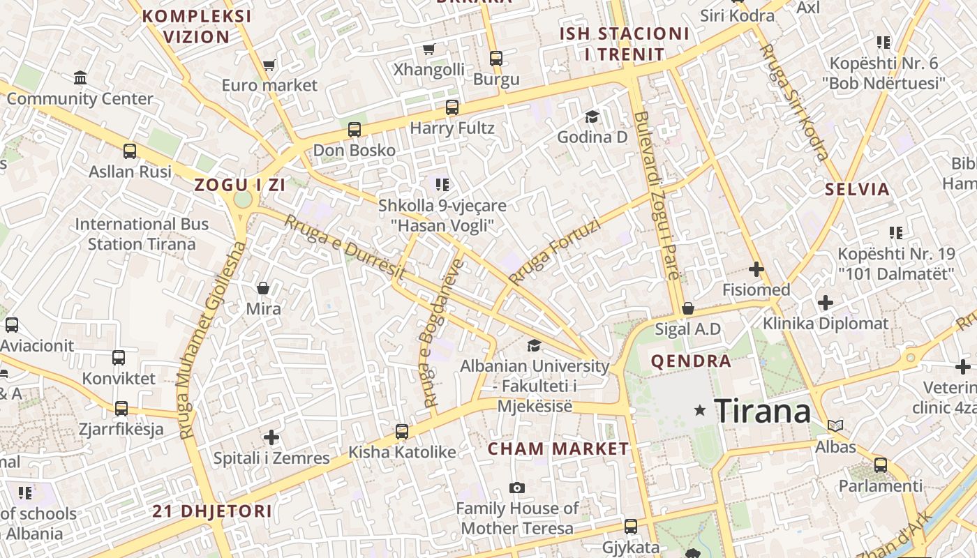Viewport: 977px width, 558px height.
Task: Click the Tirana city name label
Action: coord(763,411)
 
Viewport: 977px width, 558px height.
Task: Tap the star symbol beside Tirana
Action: coord(700,411)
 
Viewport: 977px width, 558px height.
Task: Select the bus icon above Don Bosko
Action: coord(355,130)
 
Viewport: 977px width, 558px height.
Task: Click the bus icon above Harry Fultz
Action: coord(452,107)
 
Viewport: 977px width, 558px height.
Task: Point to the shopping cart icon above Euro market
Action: coord(269,65)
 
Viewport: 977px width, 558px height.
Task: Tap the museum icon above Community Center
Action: coord(80,77)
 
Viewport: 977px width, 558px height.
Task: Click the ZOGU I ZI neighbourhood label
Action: coord(240,186)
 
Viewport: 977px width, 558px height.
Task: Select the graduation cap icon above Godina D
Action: coord(592,116)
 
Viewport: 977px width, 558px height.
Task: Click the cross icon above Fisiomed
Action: coord(756,269)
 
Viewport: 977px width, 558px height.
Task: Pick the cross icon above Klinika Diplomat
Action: coord(826,303)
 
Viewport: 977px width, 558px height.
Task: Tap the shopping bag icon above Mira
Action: coord(263,287)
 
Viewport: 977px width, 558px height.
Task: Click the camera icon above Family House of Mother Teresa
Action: coord(516,488)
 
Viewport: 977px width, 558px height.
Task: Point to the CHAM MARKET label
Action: coord(558,448)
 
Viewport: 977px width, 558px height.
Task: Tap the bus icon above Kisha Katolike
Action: coord(402,432)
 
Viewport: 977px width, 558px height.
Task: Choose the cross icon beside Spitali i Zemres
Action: coord(271,437)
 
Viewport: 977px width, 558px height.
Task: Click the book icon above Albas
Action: coord(835,425)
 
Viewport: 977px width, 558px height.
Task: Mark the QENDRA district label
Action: coord(691,361)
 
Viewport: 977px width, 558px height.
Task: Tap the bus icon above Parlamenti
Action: coord(881,465)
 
